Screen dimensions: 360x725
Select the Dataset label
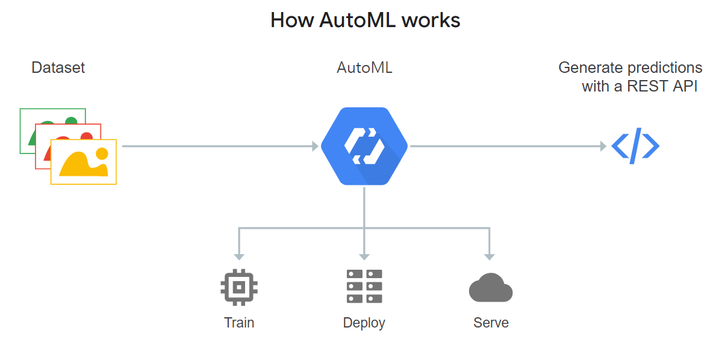click(58, 67)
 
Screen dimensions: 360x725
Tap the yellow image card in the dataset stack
click(84, 162)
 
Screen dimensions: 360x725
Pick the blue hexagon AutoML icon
click(364, 146)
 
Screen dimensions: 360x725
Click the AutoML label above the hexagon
click(364, 67)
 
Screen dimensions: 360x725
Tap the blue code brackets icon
click(635, 146)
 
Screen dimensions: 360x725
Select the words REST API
click(662, 86)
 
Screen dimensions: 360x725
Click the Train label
click(239, 323)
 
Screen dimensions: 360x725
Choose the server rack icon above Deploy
click(364, 286)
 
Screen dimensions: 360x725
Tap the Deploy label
click(364, 323)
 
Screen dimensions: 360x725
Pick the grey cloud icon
click(490, 287)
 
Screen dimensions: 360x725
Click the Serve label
click(491, 323)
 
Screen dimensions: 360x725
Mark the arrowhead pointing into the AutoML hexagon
click(314, 146)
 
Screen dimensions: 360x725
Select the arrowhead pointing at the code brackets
click(603, 146)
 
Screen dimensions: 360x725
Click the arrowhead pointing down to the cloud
click(490, 256)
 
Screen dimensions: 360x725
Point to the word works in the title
click(431, 20)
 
